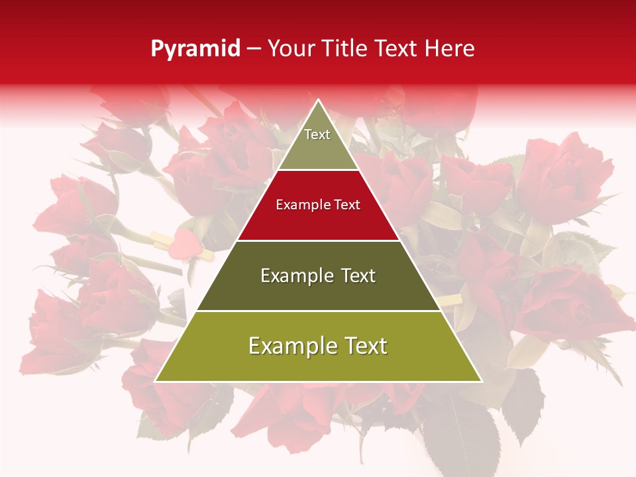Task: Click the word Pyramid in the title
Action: point(195,49)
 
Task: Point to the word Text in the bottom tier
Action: point(362,346)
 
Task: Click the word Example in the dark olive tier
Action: point(294,276)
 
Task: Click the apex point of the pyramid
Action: point(318,101)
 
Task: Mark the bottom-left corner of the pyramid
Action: point(156,381)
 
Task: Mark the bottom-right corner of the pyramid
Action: point(480,381)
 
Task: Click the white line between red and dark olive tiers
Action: point(318,240)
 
